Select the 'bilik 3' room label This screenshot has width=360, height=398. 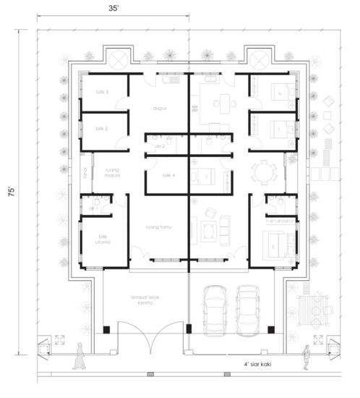(102, 93)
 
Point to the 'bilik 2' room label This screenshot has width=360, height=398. (101, 128)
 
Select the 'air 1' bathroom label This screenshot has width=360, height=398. (93, 208)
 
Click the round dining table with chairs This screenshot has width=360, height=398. (263, 174)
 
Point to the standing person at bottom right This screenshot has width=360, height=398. (307, 356)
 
